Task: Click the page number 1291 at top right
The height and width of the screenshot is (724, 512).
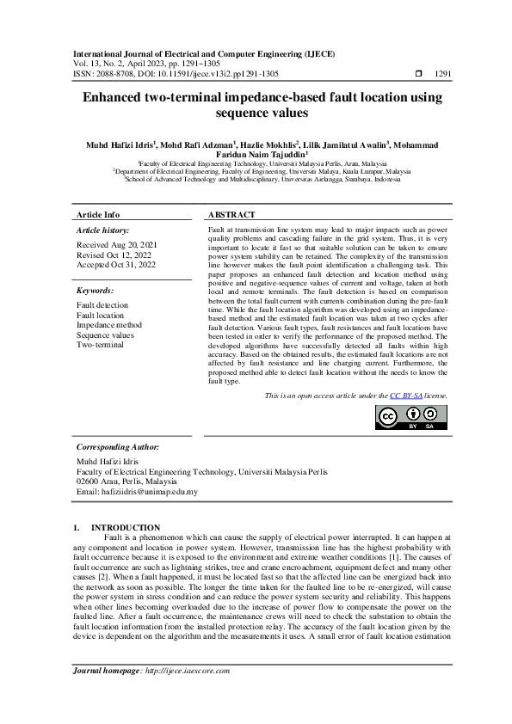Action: (x=444, y=74)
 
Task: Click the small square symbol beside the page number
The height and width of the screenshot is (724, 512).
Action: (x=419, y=74)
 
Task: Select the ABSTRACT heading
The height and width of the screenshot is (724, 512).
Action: (x=232, y=214)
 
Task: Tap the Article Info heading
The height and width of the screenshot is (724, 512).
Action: (x=98, y=214)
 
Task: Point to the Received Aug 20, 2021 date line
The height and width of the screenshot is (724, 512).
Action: (x=115, y=245)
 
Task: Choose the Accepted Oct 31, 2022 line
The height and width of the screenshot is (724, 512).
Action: (x=116, y=265)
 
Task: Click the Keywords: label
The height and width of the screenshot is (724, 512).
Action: (x=96, y=291)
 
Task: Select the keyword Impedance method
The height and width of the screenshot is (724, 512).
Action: (x=109, y=325)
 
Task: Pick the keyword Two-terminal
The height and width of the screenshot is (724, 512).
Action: (x=100, y=345)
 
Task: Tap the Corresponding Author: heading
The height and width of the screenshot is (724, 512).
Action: (x=118, y=447)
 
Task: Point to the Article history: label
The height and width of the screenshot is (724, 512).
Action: (x=103, y=230)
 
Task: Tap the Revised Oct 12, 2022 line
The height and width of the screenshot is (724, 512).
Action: (x=113, y=255)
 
